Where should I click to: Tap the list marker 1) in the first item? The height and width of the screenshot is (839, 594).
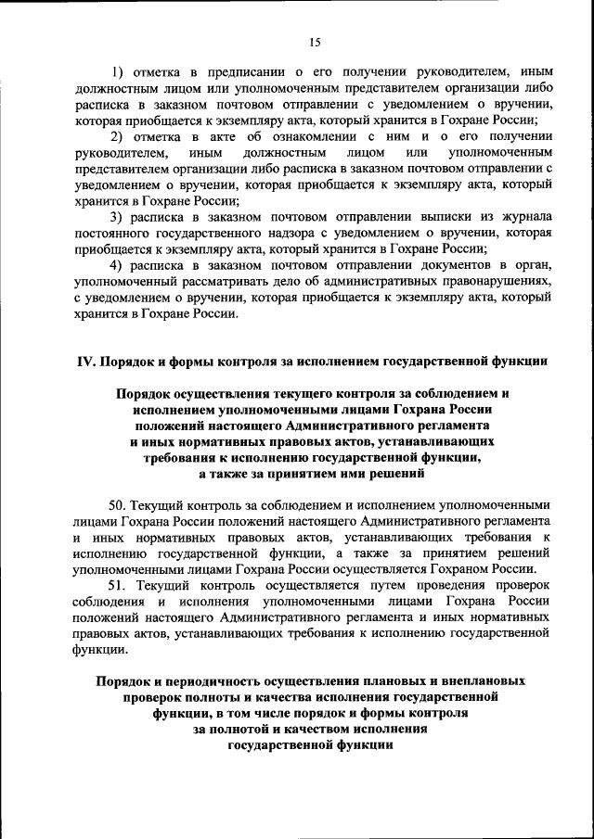pos(117,71)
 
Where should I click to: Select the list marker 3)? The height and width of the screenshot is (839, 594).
pos(117,216)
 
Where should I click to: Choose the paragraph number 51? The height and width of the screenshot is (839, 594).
pos(118,587)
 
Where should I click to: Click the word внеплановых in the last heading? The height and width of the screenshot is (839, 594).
pos(484,680)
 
